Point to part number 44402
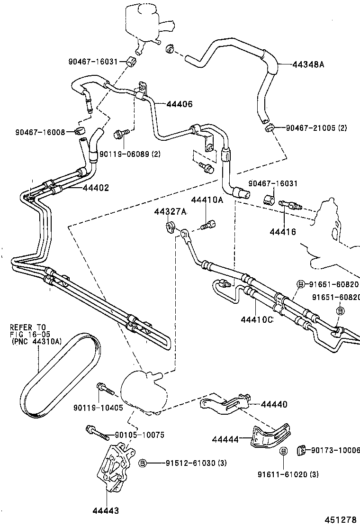click(x=96, y=188)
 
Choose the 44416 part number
click(x=283, y=232)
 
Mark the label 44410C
click(x=256, y=319)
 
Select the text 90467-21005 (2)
click(x=316, y=128)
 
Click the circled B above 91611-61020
click(x=283, y=451)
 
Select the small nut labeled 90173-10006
click(x=300, y=450)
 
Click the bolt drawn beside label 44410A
click(x=207, y=226)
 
